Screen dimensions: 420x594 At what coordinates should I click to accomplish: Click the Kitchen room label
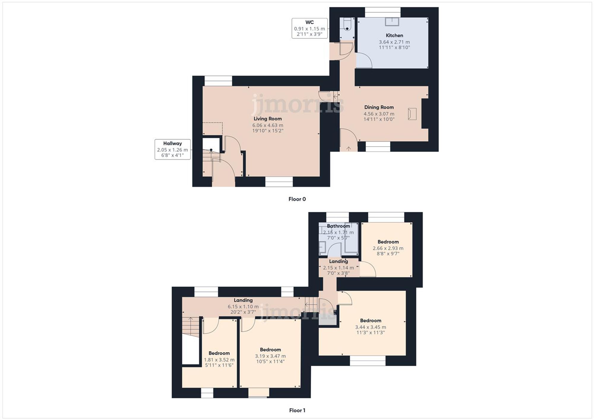tap(394, 35)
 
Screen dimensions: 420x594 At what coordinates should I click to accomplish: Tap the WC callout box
tap(309, 28)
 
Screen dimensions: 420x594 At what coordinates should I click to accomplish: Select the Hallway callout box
tap(172, 150)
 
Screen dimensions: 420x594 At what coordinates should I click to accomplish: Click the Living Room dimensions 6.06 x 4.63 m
tap(268, 125)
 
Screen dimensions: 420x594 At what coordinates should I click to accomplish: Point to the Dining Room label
tap(379, 107)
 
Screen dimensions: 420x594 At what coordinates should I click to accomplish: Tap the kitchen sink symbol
tap(392, 22)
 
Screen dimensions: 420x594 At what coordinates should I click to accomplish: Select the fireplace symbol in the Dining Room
tap(412, 114)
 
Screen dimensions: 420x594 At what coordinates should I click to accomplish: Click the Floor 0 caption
tap(297, 199)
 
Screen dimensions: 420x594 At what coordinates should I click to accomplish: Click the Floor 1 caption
tap(297, 410)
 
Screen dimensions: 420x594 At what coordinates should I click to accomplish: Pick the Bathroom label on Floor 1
tap(338, 226)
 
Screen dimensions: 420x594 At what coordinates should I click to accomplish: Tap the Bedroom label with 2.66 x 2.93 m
tap(388, 242)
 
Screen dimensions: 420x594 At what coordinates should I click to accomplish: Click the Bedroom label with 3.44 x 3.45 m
tap(370, 321)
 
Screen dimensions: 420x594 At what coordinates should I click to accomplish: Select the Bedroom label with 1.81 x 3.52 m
tap(219, 353)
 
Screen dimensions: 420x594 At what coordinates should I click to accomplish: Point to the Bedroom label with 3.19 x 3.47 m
tap(270, 350)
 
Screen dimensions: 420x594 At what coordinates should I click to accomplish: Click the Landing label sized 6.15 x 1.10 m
tap(243, 300)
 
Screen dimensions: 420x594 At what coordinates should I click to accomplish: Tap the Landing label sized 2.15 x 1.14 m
tap(338, 261)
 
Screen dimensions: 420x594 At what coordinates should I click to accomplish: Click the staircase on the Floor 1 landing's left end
tap(190, 327)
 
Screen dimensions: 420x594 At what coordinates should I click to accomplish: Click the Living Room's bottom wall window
tap(279, 182)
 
